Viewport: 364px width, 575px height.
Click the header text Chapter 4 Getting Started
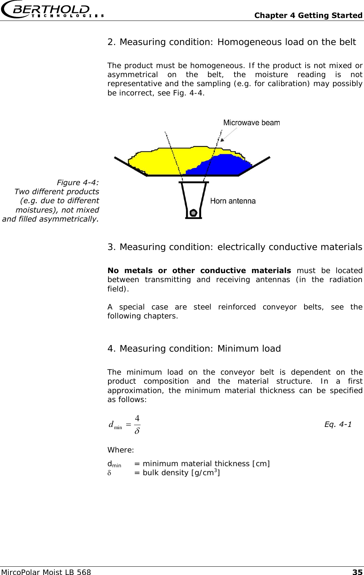[x=308, y=15]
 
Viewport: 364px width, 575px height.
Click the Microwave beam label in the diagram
[x=251, y=122]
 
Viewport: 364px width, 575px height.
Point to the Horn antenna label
[x=233, y=201]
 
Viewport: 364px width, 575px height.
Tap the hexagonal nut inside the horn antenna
[x=194, y=212]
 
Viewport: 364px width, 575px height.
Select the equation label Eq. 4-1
[x=338, y=424]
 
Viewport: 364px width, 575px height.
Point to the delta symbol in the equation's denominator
[x=137, y=431]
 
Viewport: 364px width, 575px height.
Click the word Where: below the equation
[x=121, y=450]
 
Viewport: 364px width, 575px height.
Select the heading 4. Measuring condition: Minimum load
[x=194, y=349]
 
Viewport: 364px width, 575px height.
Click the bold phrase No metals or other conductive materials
[x=199, y=271]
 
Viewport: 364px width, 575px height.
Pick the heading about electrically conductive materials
[x=235, y=247]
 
